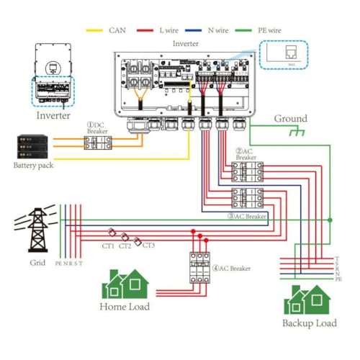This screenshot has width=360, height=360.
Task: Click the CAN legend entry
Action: coord(107,30)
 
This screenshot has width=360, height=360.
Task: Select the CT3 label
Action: coord(148,246)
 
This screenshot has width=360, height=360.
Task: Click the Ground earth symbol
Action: coord(293,133)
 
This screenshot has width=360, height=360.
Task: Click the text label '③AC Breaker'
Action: coord(247,215)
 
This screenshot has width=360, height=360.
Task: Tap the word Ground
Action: coord(290,118)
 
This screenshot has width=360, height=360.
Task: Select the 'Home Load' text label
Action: coord(124,307)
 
